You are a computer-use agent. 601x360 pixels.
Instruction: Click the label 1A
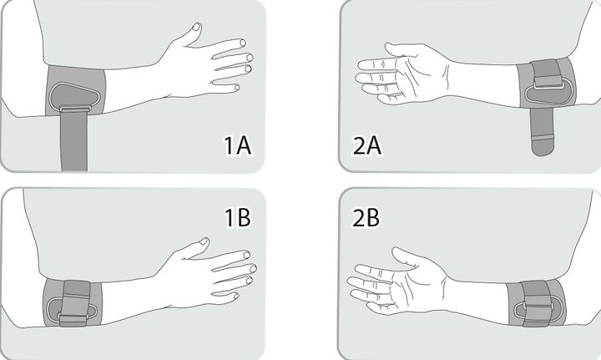(x=237, y=145)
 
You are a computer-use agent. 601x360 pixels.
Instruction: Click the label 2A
(x=366, y=145)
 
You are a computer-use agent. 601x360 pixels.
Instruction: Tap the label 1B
(x=237, y=217)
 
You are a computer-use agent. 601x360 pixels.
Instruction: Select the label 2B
(x=366, y=217)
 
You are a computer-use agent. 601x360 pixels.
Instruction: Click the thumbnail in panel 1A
(x=196, y=27)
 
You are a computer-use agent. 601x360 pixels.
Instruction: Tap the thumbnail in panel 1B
(x=204, y=241)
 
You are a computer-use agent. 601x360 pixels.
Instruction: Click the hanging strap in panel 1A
(x=74, y=140)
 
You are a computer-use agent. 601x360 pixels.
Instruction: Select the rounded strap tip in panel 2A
(x=543, y=147)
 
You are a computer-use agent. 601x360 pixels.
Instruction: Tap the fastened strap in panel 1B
(x=76, y=303)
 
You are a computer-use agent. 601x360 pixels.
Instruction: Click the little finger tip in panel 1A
(x=236, y=88)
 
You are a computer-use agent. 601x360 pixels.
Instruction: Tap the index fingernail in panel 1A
(x=243, y=42)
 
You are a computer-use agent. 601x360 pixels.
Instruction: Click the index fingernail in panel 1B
(x=246, y=255)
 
